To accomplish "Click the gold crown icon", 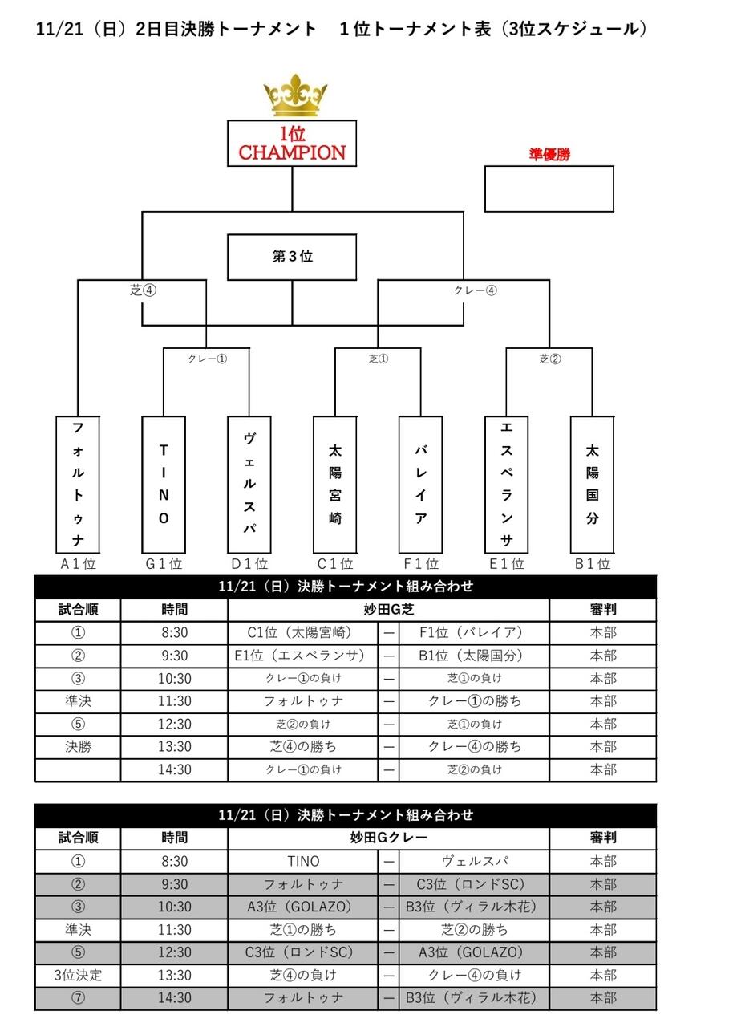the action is tap(295, 95).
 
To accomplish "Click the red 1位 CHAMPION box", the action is tap(292, 144).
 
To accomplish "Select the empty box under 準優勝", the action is tap(549, 189).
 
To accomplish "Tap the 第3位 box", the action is tap(292, 258).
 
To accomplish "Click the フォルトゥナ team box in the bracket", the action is tap(78, 485).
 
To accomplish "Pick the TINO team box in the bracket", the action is tap(164, 485).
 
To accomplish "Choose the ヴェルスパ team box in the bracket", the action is tap(249, 485).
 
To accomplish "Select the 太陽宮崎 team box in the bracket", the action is tap(335, 485).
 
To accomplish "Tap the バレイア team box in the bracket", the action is tap(420, 485).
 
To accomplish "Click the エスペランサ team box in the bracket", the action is tap(506, 485).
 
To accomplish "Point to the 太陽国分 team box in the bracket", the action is tap(592, 485).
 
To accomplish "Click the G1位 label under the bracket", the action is tap(164, 563).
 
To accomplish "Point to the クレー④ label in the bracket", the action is tap(475, 290).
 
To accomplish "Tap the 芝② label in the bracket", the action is tap(549, 359).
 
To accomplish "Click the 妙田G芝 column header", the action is tap(388, 609).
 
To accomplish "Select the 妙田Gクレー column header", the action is tap(388, 838).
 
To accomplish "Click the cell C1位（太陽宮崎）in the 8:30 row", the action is tap(303, 633).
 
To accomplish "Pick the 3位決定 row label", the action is tap(78, 975).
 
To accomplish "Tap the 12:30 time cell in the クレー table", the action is tap(175, 952).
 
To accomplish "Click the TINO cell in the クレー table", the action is tap(303, 861).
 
